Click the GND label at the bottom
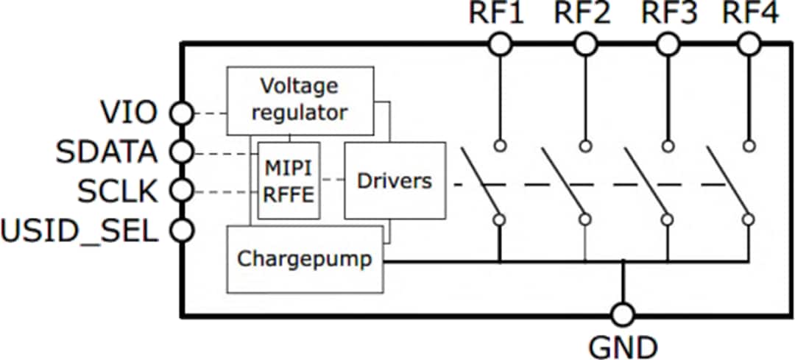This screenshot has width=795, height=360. point(623,345)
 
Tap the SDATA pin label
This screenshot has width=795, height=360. point(107,152)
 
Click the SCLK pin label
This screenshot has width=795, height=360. point(118,192)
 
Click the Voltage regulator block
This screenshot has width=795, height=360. point(300,101)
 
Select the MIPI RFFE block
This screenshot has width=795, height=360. point(289,180)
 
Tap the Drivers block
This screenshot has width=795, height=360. point(395,180)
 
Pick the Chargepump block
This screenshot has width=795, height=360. point(305,259)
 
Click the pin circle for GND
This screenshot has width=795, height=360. point(623,316)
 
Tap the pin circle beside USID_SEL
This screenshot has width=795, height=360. point(181,231)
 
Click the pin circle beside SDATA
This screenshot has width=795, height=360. point(181,153)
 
